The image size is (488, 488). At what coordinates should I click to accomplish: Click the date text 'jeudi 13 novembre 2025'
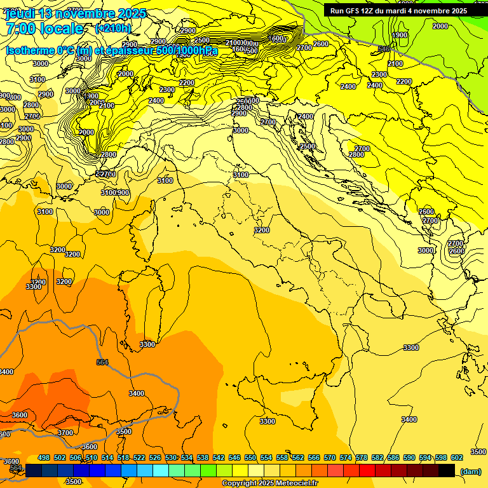point(75,13)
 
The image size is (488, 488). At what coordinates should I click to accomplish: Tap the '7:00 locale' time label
point(44,29)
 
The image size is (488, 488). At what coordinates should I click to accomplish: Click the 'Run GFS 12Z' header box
point(398,11)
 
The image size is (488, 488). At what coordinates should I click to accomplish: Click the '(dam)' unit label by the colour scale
point(470,471)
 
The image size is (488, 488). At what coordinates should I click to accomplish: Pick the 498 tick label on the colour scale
point(44,457)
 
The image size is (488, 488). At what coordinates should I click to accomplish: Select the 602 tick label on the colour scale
point(457,457)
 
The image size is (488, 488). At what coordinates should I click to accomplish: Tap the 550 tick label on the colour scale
point(250,457)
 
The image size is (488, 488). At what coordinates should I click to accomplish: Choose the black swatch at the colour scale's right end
point(447,470)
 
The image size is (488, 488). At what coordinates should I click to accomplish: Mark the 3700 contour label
point(65,433)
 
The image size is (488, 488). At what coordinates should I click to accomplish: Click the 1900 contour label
point(400,35)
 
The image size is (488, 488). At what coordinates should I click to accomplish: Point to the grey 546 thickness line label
point(383,49)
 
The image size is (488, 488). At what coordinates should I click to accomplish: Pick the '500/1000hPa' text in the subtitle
point(187,50)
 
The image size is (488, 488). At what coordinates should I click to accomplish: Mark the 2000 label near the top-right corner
point(440,26)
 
